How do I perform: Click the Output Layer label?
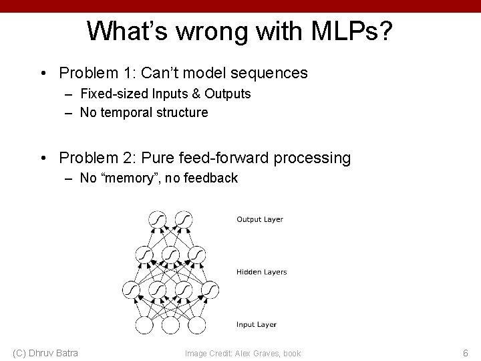pos(260,219)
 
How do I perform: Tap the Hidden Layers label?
pos(261,272)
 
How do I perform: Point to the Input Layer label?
pos(257,325)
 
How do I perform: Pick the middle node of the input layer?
pos(170,325)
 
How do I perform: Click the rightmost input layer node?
pos(196,325)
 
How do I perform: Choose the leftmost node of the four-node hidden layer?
pos(132,289)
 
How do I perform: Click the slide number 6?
pos(466,352)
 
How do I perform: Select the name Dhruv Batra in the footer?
pos(55,352)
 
